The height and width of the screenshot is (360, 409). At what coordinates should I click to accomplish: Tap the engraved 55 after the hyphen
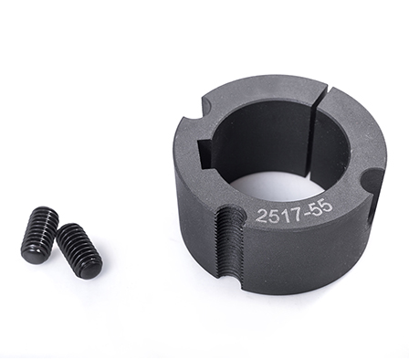(321, 207)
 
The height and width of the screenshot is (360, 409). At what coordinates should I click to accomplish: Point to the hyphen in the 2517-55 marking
(307, 210)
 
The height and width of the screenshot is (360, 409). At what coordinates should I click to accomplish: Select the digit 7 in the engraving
(297, 212)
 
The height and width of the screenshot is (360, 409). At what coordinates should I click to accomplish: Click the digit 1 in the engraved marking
(287, 214)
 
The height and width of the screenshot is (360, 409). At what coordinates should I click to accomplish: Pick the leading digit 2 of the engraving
(262, 217)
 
